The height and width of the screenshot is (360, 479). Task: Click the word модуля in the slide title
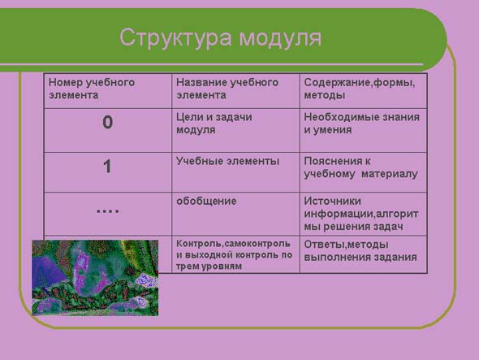pos(280,38)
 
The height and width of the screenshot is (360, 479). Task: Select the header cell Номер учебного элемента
pos(108,91)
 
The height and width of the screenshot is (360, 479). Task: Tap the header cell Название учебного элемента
pos(235,91)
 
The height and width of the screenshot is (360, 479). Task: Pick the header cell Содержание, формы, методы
pos(363,91)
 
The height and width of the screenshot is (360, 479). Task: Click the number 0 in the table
pos(107,122)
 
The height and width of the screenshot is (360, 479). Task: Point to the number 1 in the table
pos(107,167)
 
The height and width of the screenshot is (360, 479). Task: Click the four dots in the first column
pos(107,210)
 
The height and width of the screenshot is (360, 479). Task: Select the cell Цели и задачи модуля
pos(235,130)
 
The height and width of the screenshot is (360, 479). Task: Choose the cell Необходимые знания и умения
pos(363,130)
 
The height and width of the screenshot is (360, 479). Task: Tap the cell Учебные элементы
pos(235,172)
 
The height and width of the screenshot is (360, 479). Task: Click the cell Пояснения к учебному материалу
pos(363,172)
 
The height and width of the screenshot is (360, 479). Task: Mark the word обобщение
pos(206,201)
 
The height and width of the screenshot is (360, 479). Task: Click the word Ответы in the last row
pos(325,245)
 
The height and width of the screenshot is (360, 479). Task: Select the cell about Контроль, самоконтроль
pos(235,254)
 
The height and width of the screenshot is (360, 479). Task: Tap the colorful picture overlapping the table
pos(95,278)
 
